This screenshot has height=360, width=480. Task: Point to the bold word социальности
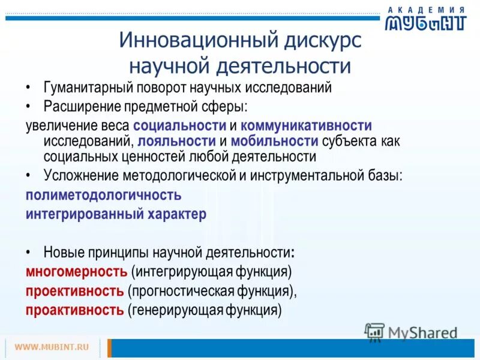(x=179, y=126)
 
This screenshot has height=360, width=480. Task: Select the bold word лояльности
(x=176, y=141)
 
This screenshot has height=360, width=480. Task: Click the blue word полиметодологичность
(x=103, y=195)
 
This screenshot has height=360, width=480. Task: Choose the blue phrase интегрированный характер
(x=116, y=214)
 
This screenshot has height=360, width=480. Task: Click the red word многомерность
(x=76, y=271)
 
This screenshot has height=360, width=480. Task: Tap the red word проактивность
(x=74, y=310)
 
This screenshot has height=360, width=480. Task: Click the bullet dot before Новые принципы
(x=29, y=251)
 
